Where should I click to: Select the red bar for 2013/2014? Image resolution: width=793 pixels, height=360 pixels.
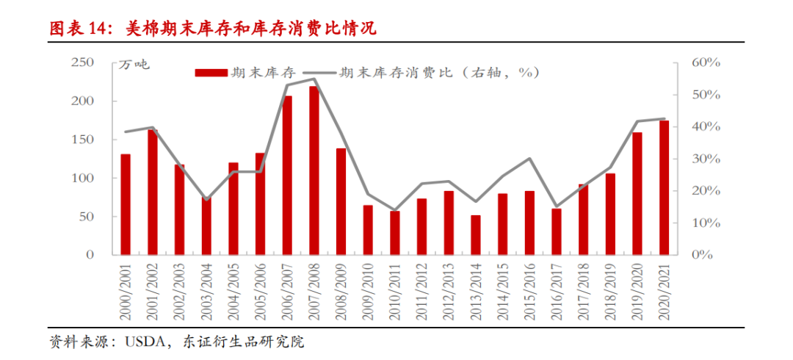pyautogui.click(x=476, y=235)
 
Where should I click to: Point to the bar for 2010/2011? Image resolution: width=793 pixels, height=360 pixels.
pyautogui.click(x=395, y=233)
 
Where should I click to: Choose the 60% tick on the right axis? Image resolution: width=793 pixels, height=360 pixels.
pyautogui.click(x=706, y=62)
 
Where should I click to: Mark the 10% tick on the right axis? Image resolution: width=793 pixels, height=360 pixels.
pyautogui.click(x=706, y=223)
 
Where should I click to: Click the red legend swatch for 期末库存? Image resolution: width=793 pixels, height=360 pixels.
pyautogui.click(x=211, y=72)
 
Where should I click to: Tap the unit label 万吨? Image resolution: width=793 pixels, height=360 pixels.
pyautogui.click(x=134, y=65)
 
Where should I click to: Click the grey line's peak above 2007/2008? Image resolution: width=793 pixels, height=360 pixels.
pyautogui.click(x=314, y=79)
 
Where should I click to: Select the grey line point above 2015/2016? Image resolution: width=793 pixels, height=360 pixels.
pyautogui.click(x=529, y=159)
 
